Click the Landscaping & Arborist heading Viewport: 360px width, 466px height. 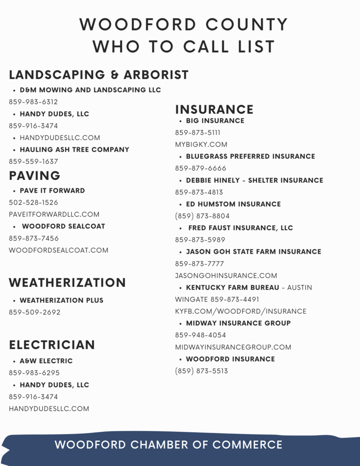tap(99, 75)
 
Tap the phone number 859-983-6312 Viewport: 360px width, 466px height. tap(33, 102)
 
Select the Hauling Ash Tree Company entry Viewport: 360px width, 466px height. tap(74, 150)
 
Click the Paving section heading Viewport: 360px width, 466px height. tap(35, 176)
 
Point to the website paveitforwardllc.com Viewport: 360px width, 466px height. tap(54, 214)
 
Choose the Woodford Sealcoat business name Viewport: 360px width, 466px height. tap(63, 226)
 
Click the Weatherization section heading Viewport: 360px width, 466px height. tap(67, 283)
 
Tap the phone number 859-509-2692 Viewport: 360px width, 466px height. tap(35, 313)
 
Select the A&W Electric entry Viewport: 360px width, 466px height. tap(46, 361)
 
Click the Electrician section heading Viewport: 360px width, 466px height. tap(52, 345)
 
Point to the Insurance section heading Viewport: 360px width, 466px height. tap(214, 110)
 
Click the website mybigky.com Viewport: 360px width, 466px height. tap(201, 145)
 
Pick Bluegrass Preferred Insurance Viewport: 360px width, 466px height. tap(250, 157)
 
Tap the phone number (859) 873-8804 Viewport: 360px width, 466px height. tap(203, 216)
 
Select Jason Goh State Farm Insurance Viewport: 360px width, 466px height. tap(254, 252)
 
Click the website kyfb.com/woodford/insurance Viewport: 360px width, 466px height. tap(241, 311)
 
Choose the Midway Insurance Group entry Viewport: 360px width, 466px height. tap(238, 323)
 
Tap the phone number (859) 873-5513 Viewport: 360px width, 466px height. tap(202, 371)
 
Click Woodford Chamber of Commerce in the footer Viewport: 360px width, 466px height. tap(168, 445)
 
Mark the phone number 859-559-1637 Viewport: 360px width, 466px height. tap(33, 162)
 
